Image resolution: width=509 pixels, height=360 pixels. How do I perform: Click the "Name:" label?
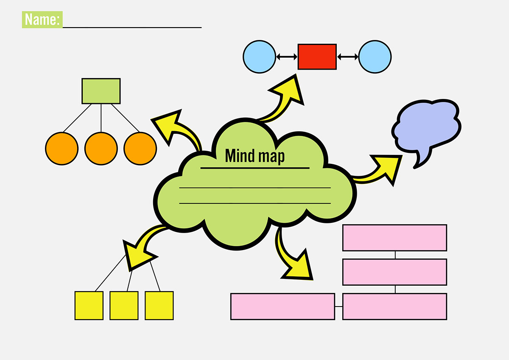(42, 20)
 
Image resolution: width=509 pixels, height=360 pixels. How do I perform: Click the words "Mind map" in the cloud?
(255, 156)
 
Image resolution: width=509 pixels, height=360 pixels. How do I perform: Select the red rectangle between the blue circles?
(317, 56)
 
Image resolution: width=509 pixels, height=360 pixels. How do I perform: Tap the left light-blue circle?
(259, 56)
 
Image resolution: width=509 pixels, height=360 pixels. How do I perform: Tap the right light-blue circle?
(375, 56)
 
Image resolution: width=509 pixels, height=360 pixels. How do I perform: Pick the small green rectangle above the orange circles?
(101, 91)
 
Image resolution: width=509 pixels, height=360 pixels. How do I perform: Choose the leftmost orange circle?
(62, 149)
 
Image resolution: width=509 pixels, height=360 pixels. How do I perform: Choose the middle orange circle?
(101, 149)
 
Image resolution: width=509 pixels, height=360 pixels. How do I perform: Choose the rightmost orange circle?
(140, 149)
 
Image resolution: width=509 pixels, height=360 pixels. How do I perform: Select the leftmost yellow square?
(89, 305)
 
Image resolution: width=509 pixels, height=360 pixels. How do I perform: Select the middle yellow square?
(124, 305)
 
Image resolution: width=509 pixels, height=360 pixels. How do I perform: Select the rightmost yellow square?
(159, 305)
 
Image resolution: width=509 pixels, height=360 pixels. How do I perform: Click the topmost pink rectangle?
(394, 238)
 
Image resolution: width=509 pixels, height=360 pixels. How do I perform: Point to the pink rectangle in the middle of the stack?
(394, 272)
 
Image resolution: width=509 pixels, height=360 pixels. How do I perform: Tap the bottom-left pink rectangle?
(282, 306)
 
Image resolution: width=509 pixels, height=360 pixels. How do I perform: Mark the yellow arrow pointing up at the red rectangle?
(286, 96)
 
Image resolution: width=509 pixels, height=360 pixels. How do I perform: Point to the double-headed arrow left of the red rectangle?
(287, 56)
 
